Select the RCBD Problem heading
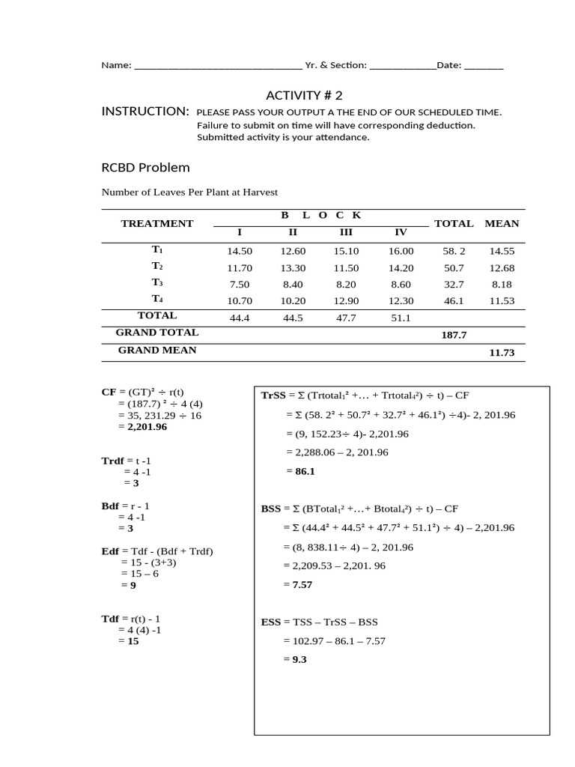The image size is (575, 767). (x=145, y=167)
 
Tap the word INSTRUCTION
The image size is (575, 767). (x=145, y=112)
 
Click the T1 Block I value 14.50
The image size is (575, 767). (x=240, y=252)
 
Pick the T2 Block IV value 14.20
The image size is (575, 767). (x=401, y=268)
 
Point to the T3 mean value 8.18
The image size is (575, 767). (x=501, y=285)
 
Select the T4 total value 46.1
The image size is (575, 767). (x=454, y=300)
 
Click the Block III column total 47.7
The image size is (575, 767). (x=347, y=318)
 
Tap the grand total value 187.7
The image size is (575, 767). (x=454, y=336)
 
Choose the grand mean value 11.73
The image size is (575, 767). (x=502, y=352)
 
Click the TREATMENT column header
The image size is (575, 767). (x=157, y=223)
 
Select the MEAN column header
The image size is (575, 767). (x=502, y=223)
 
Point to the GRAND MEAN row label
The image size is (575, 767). (x=157, y=350)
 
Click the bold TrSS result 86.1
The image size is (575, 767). (x=301, y=471)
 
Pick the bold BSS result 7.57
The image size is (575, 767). (x=302, y=584)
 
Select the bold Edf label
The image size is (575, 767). (x=111, y=552)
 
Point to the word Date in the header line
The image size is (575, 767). (x=448, y=65)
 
